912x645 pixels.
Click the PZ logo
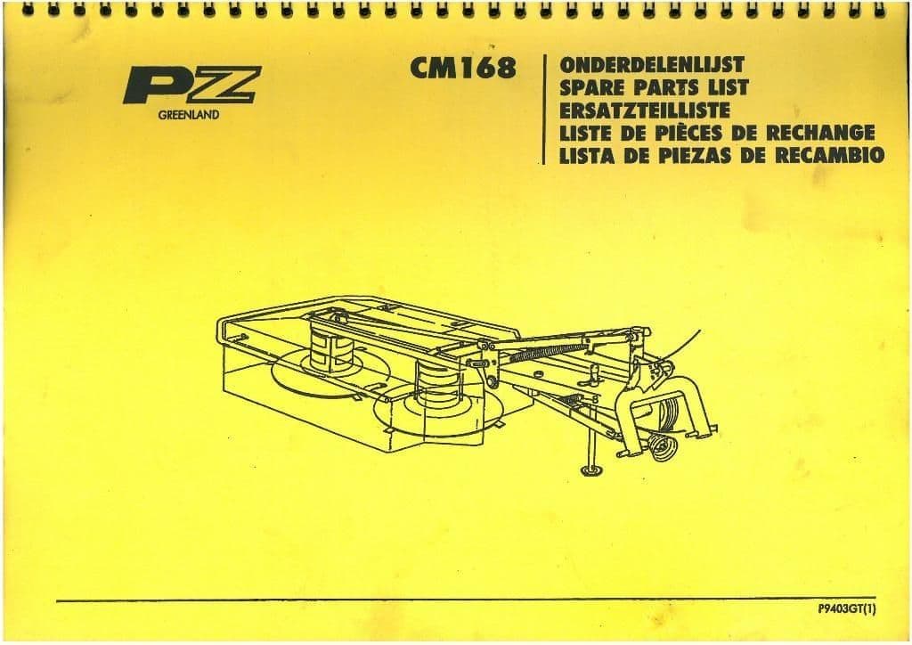click(192, 85)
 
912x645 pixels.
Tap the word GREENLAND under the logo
click(189, 115)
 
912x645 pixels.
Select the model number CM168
click(463, 68)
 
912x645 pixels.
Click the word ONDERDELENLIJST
click(652, 64)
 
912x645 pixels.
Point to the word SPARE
click(592, 88)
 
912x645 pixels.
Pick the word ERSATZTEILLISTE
click(645, 110)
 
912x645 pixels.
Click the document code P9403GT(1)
click(846, 609)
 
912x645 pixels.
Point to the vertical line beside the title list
click(544, 110)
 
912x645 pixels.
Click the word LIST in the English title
click(727, 88)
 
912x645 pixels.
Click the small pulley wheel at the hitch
click(663, 448)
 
